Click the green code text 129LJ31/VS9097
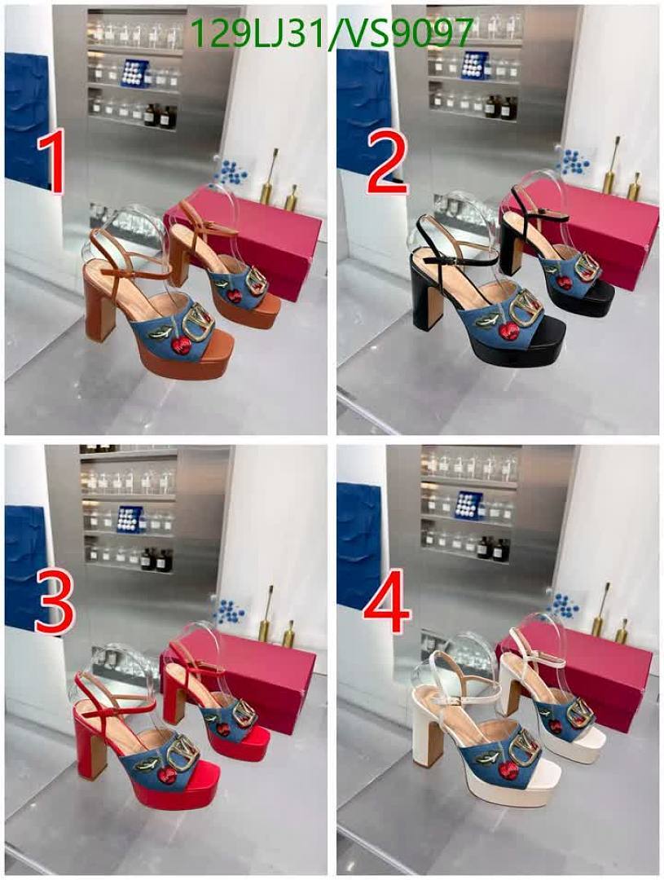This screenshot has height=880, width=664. (330, 34)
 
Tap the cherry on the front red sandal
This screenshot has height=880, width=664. (174, 777)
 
